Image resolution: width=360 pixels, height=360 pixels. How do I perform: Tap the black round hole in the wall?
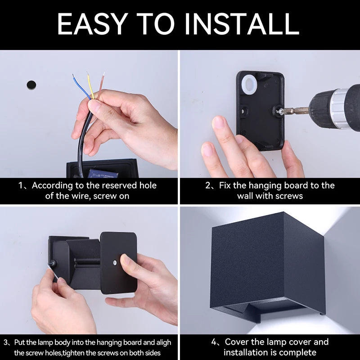(31, 84)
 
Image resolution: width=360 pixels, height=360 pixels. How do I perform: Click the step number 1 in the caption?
(20, 185)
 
